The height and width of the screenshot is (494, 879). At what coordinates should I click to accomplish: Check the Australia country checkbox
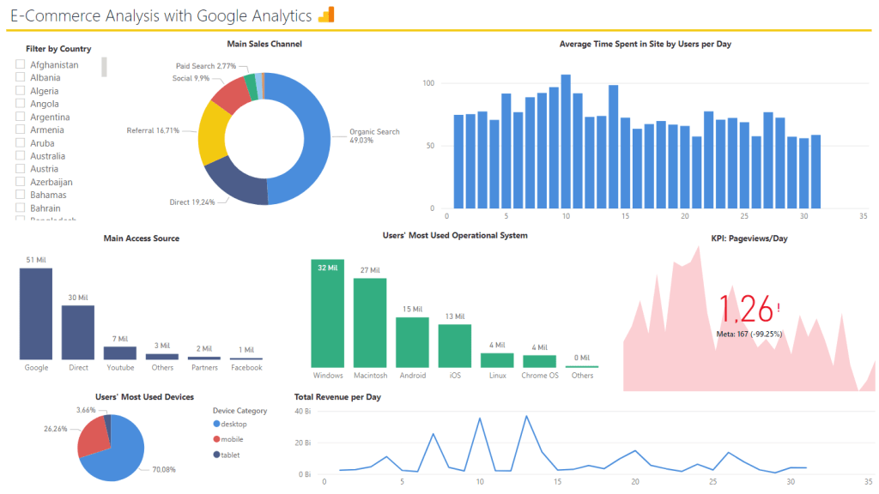pos(20,156)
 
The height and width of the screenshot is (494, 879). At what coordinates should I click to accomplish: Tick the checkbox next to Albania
pos(20,78)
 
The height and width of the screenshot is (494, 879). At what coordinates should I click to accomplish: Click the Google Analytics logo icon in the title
pos(325,15)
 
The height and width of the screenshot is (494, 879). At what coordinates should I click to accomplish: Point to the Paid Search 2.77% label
pos(205,66)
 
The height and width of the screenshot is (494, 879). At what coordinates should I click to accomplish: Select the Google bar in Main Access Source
pos(36,313)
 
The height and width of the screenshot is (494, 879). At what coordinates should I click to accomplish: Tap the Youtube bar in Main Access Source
pos(120,352)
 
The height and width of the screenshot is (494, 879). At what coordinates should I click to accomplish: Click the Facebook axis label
pos(246,367)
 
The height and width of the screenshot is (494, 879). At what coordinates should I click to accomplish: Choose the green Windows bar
pos(328,313)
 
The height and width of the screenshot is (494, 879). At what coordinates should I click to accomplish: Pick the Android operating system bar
pos(412,342)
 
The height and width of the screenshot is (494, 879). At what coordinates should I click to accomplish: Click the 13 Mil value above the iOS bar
pos(454,316)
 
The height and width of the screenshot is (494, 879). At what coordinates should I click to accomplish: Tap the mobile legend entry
pos(232,439)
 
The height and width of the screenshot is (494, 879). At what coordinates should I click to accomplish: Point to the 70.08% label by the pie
pos(163,469)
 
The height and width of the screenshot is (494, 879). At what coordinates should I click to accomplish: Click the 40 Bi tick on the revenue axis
pos(302,412)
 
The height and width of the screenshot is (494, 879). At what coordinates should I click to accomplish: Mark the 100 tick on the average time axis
pos(429,83)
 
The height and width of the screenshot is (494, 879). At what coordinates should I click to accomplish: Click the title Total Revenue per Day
pos(337,397)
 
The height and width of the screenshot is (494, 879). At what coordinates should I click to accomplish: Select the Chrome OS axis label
pos(540,376)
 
